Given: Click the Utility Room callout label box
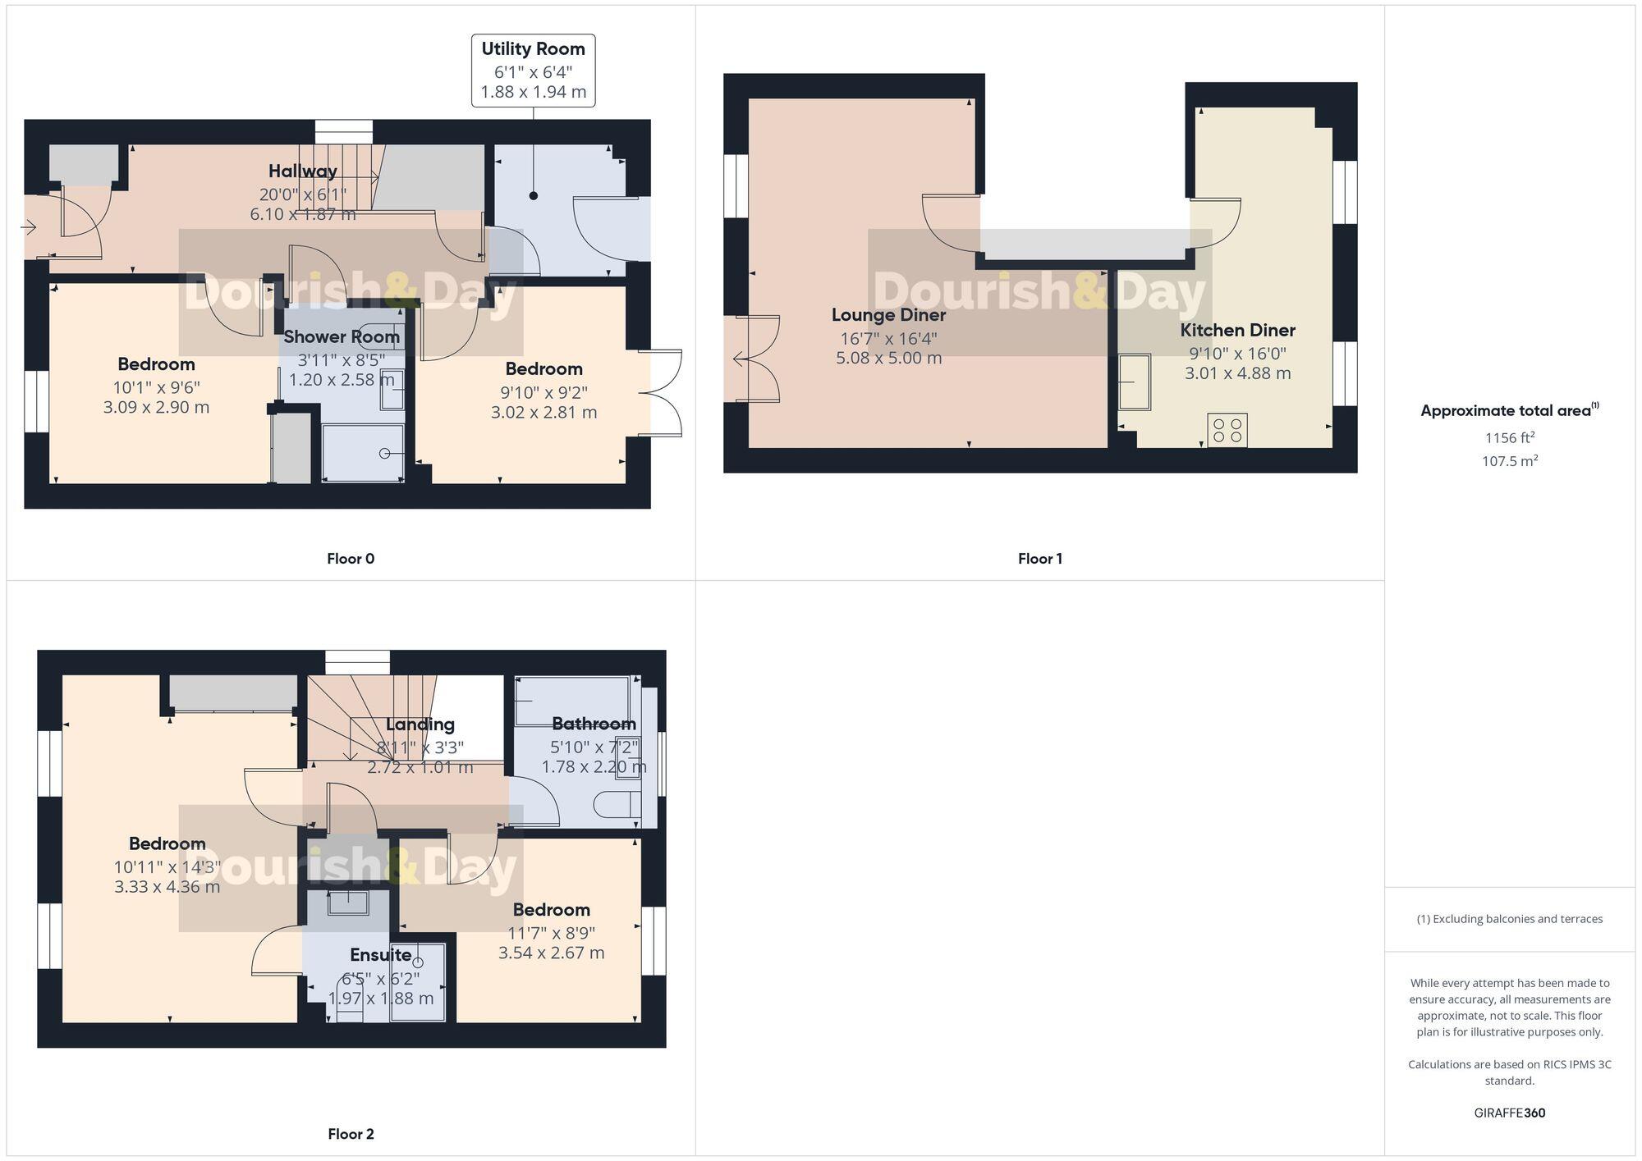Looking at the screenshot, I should pyautogui.click(x=533, y=71).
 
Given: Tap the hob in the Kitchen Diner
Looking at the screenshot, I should pyautogui.click(x=1227, y=431).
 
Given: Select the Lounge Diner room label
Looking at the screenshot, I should pyautogui.click(x=888, y=315).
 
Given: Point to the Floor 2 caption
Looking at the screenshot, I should pyautogui.click(x=351, y=1134).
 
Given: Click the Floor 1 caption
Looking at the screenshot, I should pyautogui.click(x=1039, y=559).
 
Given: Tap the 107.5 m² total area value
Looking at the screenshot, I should pyautogui.click(x=1509, y=461).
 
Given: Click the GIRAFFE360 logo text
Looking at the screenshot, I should pyautogui.click(x=1509, y=1113).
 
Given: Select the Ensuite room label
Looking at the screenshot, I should pyautogui.click(x=380, y=955).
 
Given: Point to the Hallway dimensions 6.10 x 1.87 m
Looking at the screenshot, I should pyautogui.click(x=303, y=214).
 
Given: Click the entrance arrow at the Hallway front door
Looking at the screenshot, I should pyautogui.click(x=29, y=227).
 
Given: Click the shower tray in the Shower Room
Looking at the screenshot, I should pyautogui.click(x=363, y=453).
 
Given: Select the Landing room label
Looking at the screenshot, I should pyautogui.click(x=420, y=724).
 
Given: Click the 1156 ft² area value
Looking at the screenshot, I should pyautogui.click(x=1509, y=438).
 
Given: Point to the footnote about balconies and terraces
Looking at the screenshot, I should pyautogui.click(x=1509, y=919).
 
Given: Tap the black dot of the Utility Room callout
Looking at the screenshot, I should pyautogui.click(x=534, y=196).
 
